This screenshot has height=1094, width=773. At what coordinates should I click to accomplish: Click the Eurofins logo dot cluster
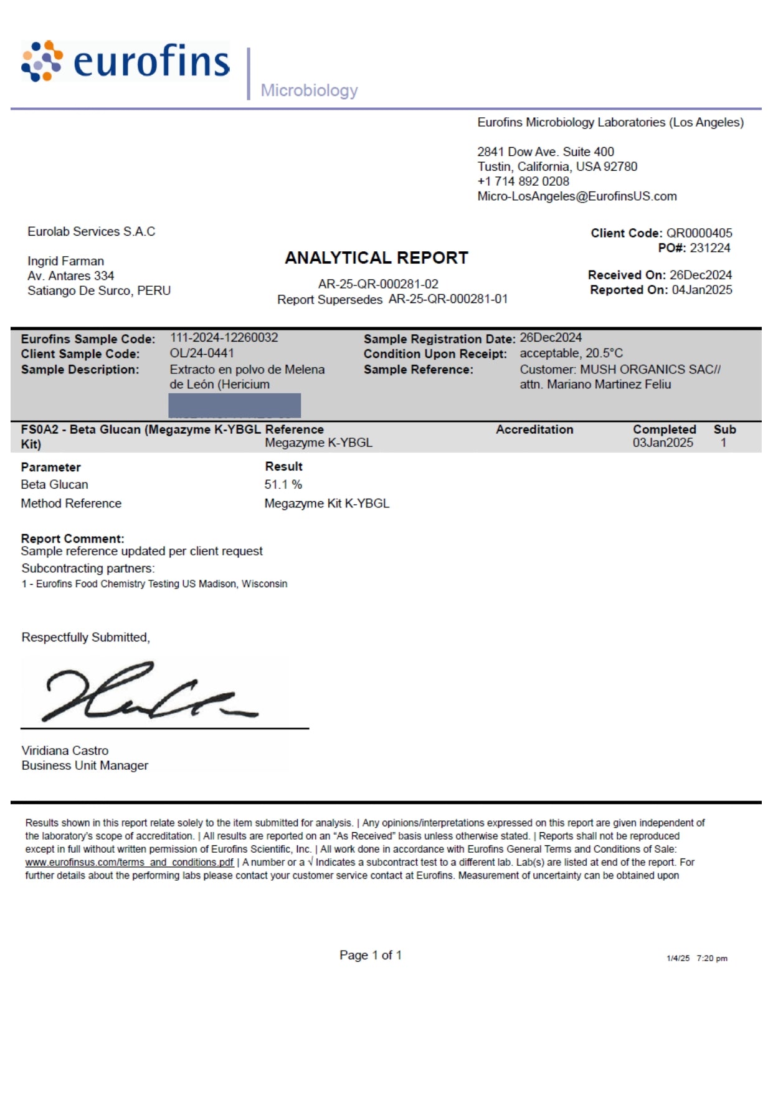[42, 61]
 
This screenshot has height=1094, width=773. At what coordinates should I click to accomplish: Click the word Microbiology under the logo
[309, 90]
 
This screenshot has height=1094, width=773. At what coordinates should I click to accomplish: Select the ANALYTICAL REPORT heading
[376, 257]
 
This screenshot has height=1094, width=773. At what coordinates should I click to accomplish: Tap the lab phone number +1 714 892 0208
[523, 181]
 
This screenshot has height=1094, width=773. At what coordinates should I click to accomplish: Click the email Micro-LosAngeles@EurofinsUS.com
[577, 196]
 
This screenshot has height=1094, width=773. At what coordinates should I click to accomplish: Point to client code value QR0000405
[699, 233]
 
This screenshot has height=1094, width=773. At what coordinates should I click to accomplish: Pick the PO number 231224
[710, 248]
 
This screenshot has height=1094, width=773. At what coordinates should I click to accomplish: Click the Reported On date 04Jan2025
[702, 290]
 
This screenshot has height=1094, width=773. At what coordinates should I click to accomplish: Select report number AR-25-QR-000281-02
[378, 284]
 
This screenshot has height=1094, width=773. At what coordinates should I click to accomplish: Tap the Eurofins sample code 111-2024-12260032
[224, 338]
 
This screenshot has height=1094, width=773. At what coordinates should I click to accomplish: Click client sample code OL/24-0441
[202, 353]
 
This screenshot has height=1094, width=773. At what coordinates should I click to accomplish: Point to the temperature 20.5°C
[604, 353]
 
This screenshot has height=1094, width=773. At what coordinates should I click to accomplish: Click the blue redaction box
[235, 405]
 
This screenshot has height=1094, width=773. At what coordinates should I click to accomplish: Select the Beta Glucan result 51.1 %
[283, 484]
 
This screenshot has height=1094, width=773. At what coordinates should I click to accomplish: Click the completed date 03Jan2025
[663, 443]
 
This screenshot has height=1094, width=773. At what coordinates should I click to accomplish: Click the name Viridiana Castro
[65, 751]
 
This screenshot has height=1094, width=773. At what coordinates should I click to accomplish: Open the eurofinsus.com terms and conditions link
[129, 862]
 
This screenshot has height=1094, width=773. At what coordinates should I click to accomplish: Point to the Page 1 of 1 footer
[371, 955]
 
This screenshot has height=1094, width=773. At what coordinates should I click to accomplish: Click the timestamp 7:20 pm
[712, 958]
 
